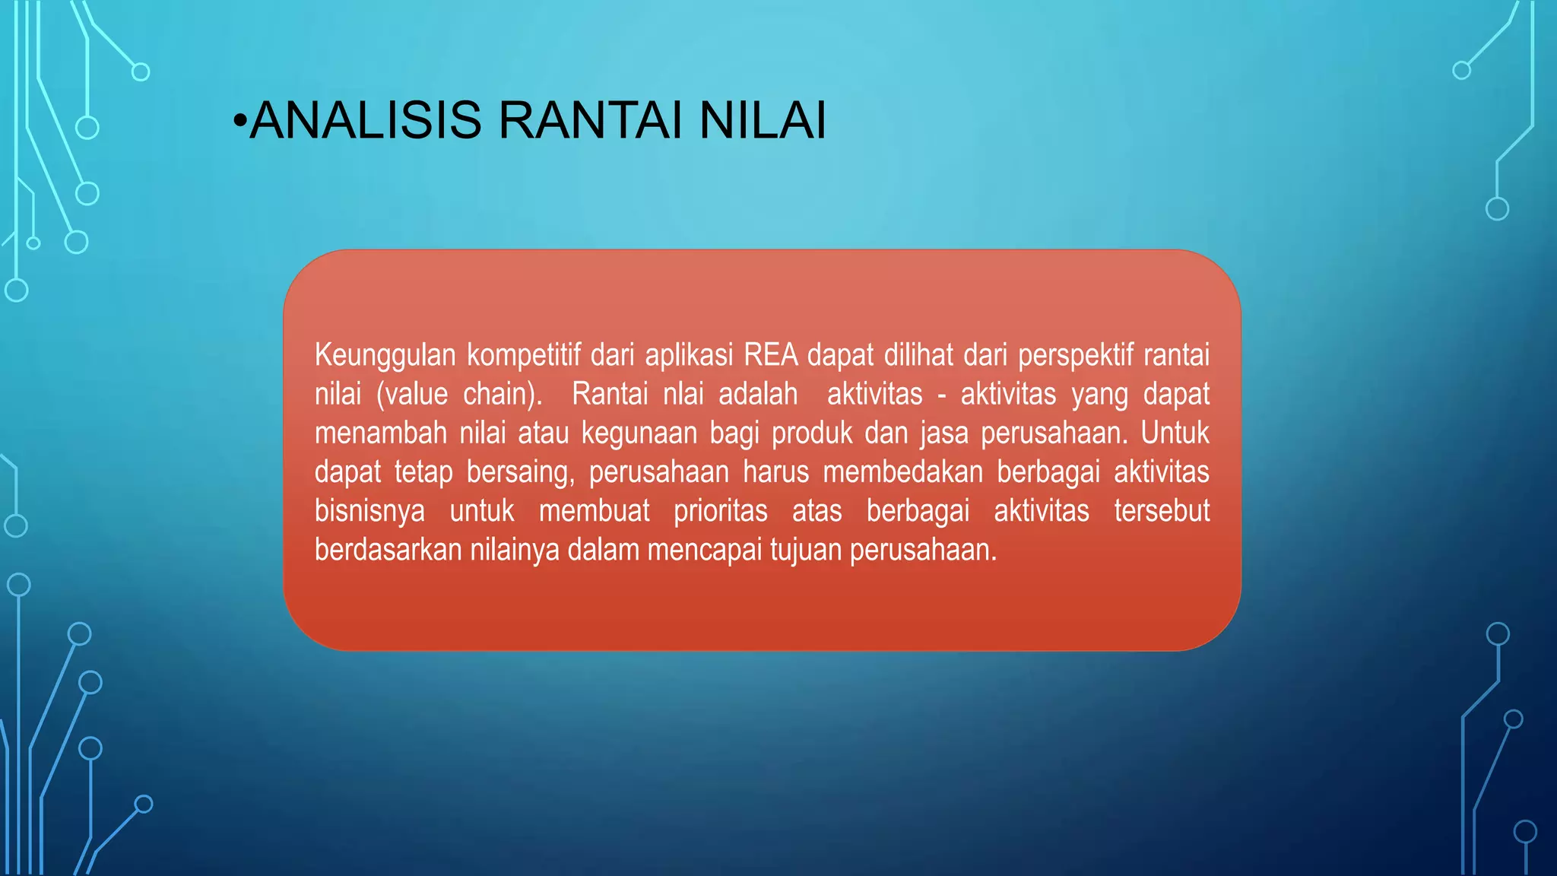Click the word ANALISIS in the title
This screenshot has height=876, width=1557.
(x=366, y=120)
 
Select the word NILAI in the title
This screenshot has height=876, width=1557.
(x=762, y=120)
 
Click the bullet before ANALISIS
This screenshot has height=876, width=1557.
(x=240, y=122)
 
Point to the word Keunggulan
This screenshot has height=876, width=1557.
(x=385, y=356)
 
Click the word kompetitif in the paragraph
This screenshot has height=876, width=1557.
(x=522, y=356)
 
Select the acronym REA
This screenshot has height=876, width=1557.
(x=770, y=355)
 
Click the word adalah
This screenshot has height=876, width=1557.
(x=758, y=395)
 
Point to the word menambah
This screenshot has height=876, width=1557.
(x=380, y=433)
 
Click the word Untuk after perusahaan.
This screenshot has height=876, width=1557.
(x=1175, y=433)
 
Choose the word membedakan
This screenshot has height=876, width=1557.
(x=902, y=472)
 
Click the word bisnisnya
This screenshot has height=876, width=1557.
(x=369, y=511)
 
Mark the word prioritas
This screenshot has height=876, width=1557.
(x=720, y=511)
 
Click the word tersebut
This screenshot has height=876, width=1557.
(x=1161, y=511)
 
